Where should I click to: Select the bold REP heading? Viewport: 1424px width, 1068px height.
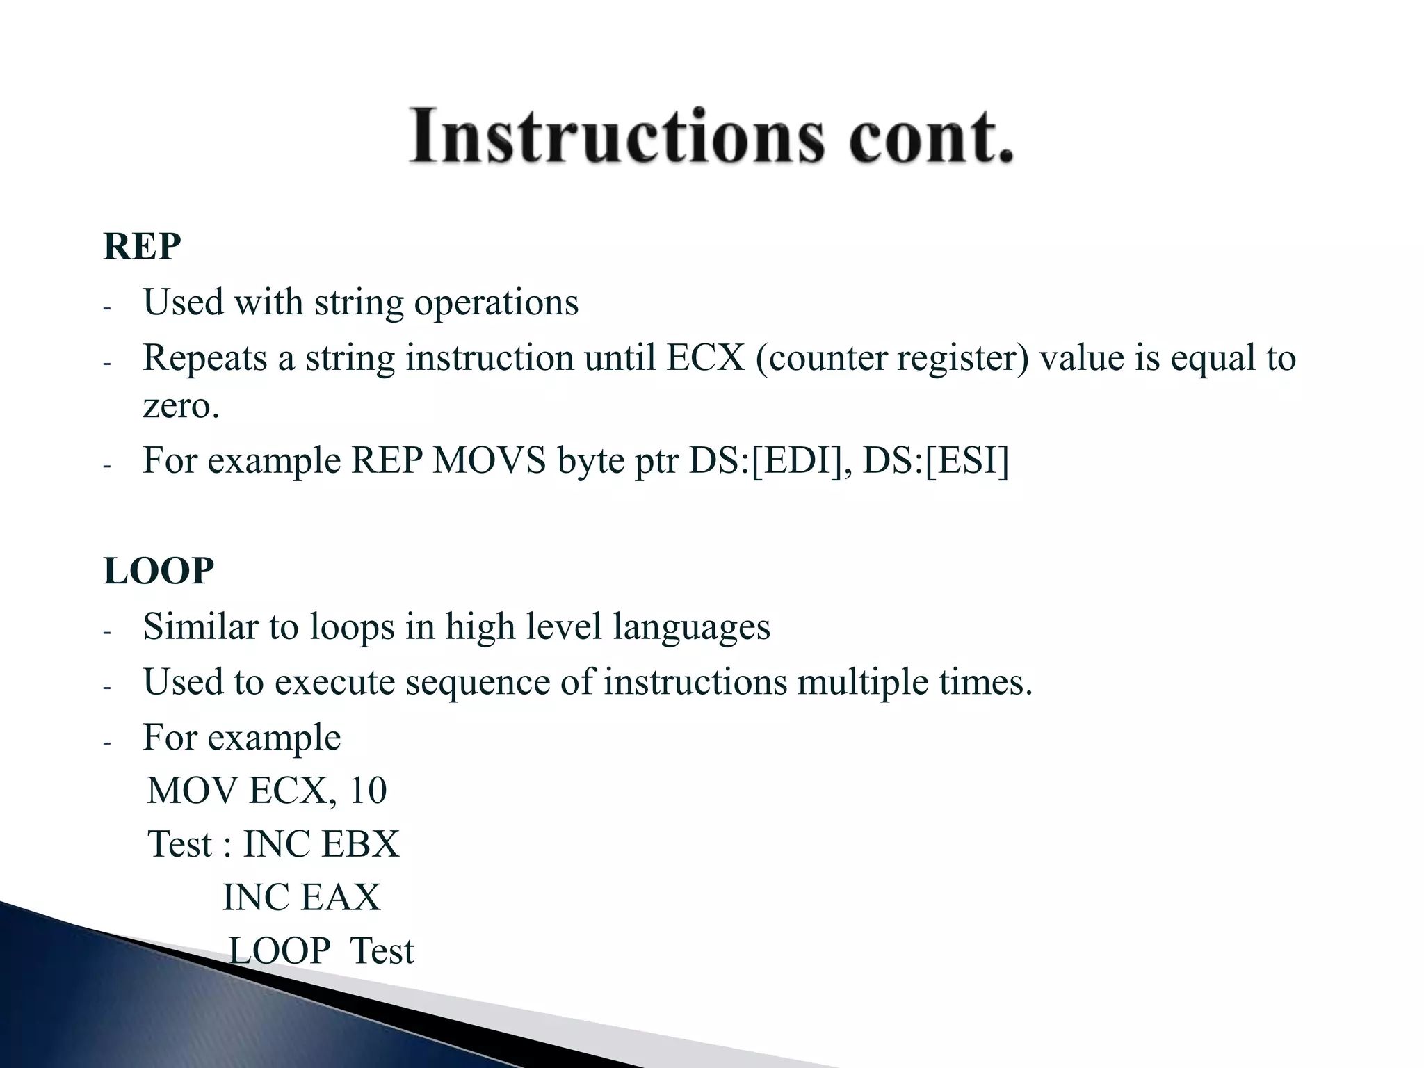pyautogui.click(x=142, y=246)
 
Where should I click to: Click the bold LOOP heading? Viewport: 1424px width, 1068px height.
pyautogui.click(x=159, y=571)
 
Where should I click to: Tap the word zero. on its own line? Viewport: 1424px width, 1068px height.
pyautogui.click(x=181, y=406)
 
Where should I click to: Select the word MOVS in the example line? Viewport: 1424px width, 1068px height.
pyautogui.click(x=489, y=461)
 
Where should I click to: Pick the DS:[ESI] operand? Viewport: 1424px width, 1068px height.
pyautogui.click(x=935, y=461)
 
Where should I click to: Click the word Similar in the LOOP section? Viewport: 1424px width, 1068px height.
pyautogui.click(x=200, y=626)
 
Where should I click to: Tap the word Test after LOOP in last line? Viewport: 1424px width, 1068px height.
pyautogui.click(x=382, y=951)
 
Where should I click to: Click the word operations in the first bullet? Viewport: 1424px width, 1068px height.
pyautogui.click(x=496, y=303)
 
